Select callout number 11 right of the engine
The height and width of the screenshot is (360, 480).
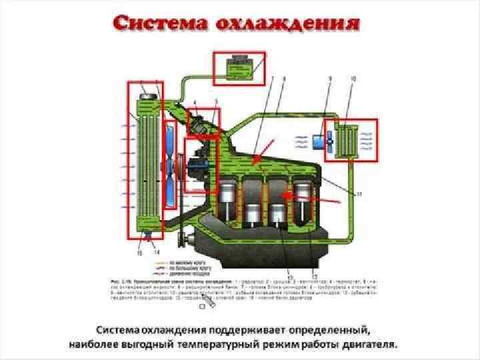click(359, 194)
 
